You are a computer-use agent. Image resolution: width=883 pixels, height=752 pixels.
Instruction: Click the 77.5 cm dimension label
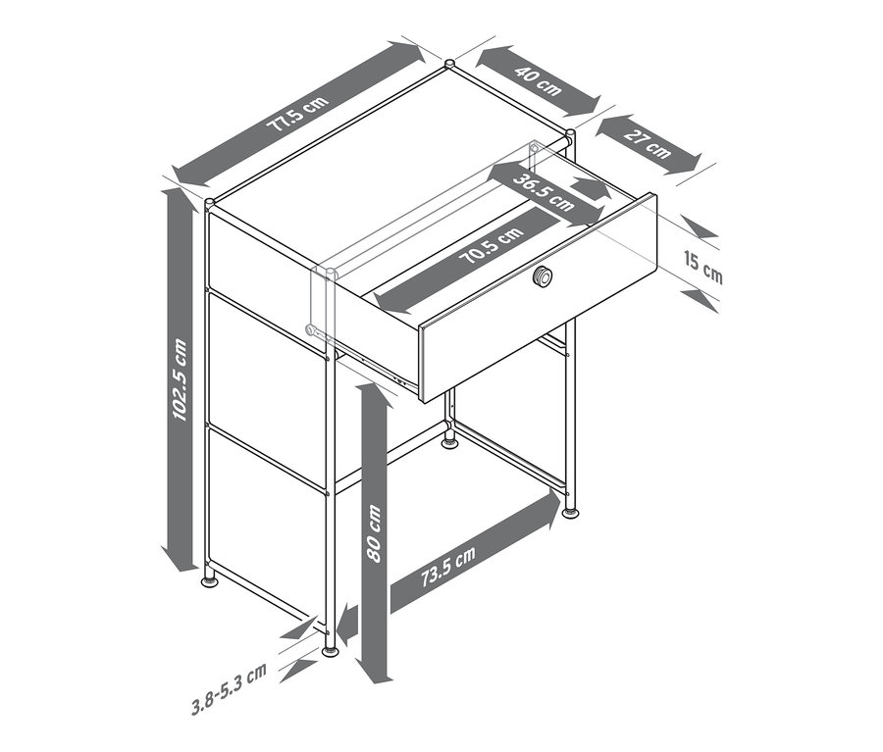click(x=298, y=115)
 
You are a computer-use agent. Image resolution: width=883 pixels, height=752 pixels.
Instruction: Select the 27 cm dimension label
click(x=648, y=143)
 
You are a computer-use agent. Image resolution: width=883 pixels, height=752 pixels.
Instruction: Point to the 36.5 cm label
click(x=544, y=192)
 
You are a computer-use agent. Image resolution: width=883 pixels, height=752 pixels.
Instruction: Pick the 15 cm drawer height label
click(x=702, y=268)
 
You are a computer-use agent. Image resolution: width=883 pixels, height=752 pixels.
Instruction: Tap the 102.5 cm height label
click(x=180, y=378)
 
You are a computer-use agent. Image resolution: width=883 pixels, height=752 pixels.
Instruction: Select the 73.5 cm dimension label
click(x=448, y=567)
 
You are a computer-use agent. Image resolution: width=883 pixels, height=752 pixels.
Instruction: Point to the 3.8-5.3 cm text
click(x=229, y=689)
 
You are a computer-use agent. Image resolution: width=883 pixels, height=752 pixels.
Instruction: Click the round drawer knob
click(x=543, y=276)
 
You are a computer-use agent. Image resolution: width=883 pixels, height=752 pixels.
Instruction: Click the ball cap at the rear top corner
click(x=450, y=64)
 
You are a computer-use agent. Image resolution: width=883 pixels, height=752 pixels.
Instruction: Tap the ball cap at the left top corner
click(x=210, y=202)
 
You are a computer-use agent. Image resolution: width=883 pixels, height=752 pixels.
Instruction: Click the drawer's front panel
click(x=539, y=298)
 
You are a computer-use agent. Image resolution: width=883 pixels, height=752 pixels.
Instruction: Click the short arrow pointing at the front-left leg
click(x=349, y=624)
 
